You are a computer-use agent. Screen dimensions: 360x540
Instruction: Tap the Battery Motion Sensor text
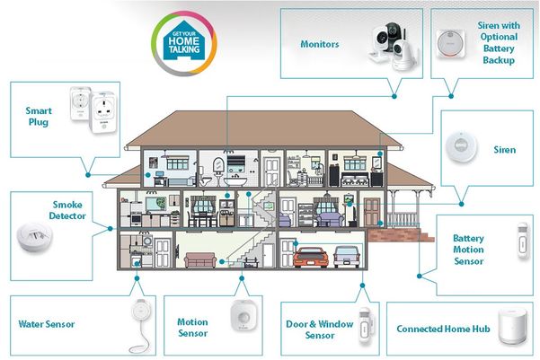(x=468, y=250)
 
